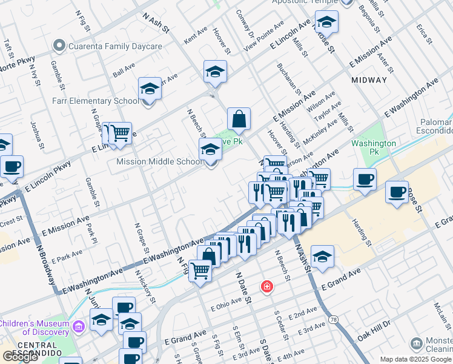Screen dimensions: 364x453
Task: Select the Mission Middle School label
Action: tap(159, 162)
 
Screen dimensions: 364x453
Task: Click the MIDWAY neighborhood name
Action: tap(369, 80)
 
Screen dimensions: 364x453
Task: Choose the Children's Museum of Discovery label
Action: tap(34, 328)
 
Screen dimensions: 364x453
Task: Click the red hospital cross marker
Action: tap(266, 286)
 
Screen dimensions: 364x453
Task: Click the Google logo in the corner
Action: tap(21, 357)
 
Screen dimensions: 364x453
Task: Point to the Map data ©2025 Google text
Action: tap(415, 359)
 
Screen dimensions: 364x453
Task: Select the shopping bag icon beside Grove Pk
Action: tap(239, 120)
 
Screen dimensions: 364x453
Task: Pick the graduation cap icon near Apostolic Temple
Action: tap(326, 22)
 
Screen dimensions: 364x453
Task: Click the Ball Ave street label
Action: tap(124, 70)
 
